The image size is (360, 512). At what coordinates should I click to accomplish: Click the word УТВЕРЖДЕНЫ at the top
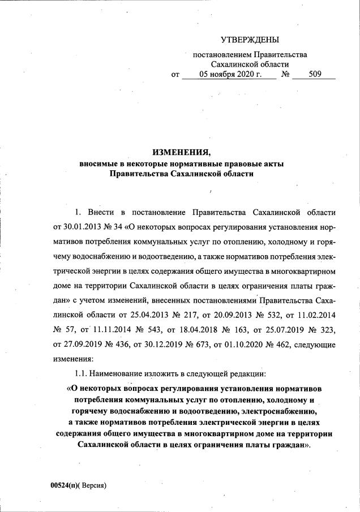(250, 39)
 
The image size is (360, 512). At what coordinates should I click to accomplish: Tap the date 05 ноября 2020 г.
(230, 74)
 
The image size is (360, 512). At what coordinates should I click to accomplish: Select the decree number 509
(315, 74)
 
